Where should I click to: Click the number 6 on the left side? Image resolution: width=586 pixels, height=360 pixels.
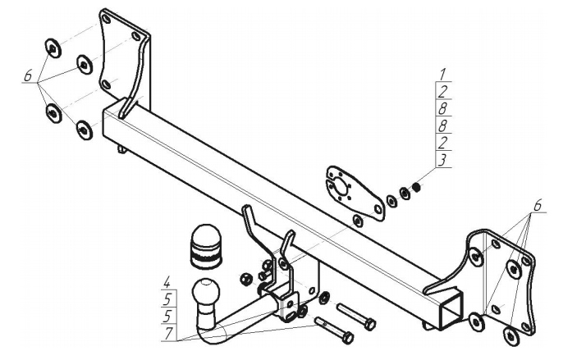click(28, 76)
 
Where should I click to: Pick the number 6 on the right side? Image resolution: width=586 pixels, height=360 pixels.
click(538, 206)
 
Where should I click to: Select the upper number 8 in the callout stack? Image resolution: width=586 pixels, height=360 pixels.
click(442, 109)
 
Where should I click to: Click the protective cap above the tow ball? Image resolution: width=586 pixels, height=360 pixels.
click(202, 244)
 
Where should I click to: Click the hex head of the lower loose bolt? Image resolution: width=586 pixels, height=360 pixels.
click(349, 337)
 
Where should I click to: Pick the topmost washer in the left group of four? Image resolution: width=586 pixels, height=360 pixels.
click(51, 48)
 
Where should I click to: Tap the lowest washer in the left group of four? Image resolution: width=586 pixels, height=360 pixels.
click(84, 129)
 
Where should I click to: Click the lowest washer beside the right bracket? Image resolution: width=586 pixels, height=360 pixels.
click(511, 333)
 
